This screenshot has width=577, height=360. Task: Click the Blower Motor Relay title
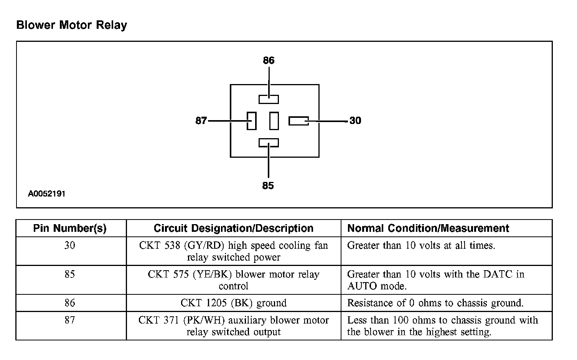(72, 25)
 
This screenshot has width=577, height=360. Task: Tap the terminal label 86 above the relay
(269, 60)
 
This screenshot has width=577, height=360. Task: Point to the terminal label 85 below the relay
(268, 186)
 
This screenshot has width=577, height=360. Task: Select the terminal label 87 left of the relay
(201, 121)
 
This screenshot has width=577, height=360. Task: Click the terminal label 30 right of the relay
(355, 121)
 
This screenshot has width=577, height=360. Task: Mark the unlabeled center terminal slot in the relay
(274, 121)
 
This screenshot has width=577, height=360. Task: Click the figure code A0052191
(46, 194)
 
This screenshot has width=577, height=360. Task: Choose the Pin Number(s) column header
(70, 228)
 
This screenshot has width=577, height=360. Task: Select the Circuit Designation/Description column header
(233, 228)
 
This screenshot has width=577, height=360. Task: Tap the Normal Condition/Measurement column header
(428, 228)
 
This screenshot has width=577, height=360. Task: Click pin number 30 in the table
(70, 245)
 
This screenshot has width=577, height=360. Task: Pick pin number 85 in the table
(70, 274)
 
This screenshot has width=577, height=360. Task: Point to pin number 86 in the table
(70, 303)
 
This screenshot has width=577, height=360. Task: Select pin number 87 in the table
(70, 320)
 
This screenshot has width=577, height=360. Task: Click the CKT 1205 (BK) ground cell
(233, 303)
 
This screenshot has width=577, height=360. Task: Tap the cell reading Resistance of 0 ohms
(435, 303)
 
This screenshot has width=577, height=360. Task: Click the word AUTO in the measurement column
(361, 286)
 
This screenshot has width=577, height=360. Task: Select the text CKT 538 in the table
(159, 246)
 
